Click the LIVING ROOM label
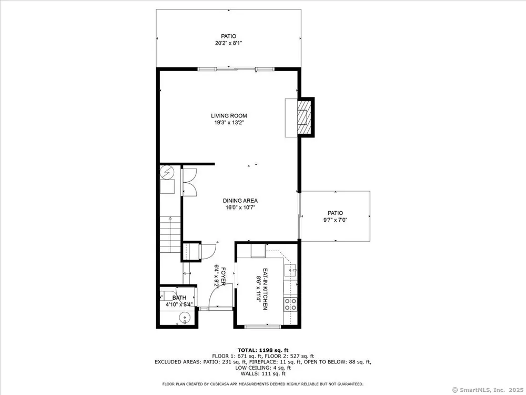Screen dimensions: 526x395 [x=229, y=116]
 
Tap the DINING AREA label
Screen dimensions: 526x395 [x=240, y=201]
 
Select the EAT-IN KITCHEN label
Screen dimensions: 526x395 [x=265, y=289]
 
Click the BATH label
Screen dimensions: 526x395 [x=179, y=298]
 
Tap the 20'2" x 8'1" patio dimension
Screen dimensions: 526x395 [x=228, y=43]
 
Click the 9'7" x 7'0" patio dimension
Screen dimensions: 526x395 [x=335, y=220]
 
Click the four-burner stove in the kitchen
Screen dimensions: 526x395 [x=290, y=304]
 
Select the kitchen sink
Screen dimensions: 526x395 [x=290, y=270]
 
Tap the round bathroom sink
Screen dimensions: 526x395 [x=184, y=318]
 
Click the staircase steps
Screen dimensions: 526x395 [x=170, y=234]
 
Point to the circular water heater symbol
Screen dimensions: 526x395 [x=167, y=172]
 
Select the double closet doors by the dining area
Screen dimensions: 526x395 [x=189, y=181]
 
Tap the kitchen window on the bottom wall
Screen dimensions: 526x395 [x=262, y=326]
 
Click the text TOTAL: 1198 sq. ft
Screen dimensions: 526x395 [x=262, y=350]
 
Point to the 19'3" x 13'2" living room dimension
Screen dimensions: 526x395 [x=229, y=123]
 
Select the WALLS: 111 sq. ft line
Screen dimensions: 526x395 [x=262, y=373]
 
